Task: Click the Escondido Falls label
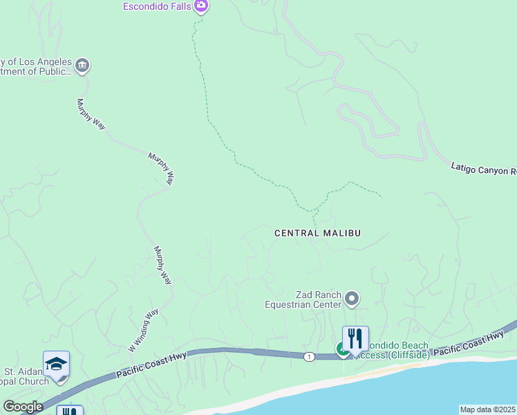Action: (157, 6)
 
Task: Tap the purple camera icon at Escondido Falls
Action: (201, 6)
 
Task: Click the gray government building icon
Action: (82, 66)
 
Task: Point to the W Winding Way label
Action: (143, 329)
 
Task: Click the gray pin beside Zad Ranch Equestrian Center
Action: (352, 299)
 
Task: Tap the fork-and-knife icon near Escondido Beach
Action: (355, 339)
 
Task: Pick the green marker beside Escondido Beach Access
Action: (342, 350)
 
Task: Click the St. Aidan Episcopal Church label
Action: (25, 376)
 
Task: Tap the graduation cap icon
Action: (56, 363)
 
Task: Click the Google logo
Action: (23, 407)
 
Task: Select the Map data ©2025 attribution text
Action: (488, 409)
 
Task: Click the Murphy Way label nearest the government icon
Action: (91, 113)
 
